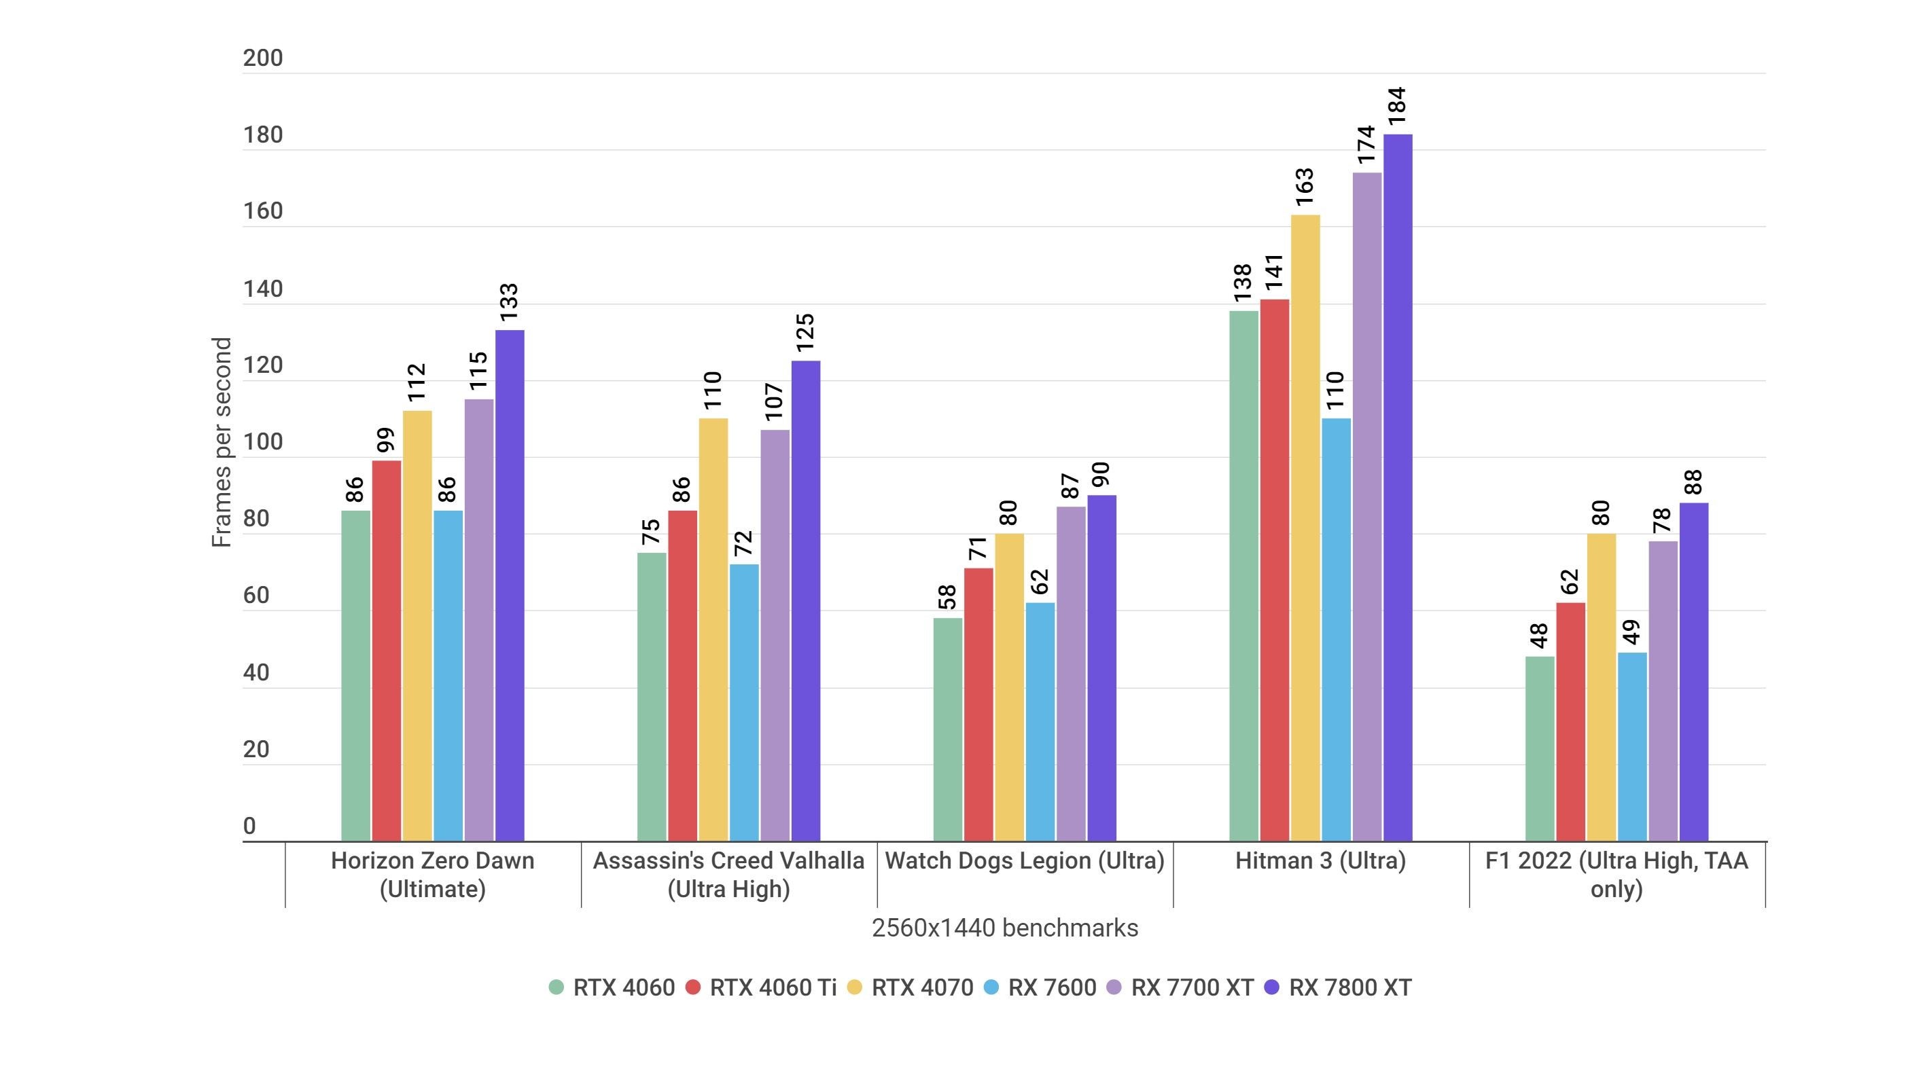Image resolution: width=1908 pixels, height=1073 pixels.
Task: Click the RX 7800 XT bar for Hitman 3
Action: coord(1398,489)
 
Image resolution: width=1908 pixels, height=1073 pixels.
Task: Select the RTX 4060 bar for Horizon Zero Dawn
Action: coord(355,675)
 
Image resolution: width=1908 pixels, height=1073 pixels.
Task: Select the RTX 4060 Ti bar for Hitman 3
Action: coord(1274,570)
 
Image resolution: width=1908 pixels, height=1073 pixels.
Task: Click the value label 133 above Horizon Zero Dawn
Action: coord(509,302)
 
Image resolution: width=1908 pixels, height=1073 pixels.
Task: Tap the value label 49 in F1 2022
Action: coord(1631,632)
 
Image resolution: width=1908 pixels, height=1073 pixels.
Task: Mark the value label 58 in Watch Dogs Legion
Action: coord(947,597)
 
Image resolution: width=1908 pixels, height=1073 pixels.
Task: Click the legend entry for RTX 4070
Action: coord(910,987)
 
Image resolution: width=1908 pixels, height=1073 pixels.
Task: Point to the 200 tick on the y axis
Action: coord(263,58)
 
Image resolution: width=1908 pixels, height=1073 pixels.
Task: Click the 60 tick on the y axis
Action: coord(256,596)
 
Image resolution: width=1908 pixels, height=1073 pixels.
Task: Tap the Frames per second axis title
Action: coord(222,442)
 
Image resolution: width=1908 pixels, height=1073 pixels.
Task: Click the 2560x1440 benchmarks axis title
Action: coord(1004,928)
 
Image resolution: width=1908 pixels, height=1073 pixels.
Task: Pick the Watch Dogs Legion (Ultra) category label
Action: coord(1025,860)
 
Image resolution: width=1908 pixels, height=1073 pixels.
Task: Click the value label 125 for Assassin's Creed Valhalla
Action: coord(805,333)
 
